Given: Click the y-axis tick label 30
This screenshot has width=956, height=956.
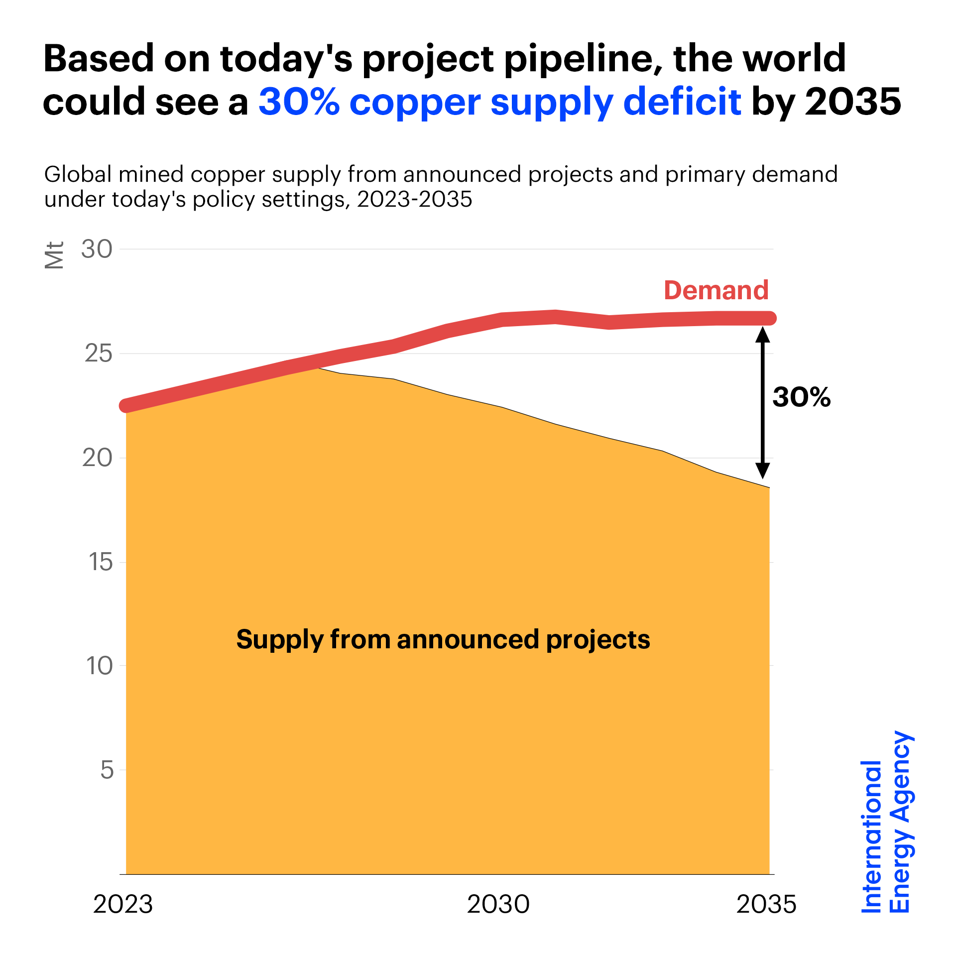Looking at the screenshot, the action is coord(97,249).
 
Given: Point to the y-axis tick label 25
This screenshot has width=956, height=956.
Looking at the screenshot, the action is coord(98,354).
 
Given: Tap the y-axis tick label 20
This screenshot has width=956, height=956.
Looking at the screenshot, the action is coord(98,458).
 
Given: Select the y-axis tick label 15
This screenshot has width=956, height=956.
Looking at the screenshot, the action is coord(100,562).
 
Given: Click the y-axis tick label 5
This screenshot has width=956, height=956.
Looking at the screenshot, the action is coord(107,770).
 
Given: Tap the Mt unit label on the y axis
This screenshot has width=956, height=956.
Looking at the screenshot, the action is coord(54,255).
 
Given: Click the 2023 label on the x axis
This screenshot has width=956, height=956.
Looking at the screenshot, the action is coord(123,904).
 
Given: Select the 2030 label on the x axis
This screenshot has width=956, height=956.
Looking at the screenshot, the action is coord(498,904).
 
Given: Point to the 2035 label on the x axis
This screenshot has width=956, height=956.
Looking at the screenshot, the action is coord(766,904).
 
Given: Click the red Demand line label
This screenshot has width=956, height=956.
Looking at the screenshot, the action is coord(716,290).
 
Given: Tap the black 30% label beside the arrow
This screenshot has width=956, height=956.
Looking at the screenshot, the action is coord(802,397).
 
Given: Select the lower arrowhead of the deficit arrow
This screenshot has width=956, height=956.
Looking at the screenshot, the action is coord(763,471).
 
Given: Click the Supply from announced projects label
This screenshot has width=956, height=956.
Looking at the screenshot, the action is coord(443,640).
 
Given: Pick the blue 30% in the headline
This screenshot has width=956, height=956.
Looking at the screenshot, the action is coord(299,102).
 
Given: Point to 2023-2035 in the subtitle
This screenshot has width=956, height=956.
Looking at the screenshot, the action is coord(414,200).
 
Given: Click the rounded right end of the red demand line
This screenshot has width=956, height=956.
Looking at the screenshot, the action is coord(770,318).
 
